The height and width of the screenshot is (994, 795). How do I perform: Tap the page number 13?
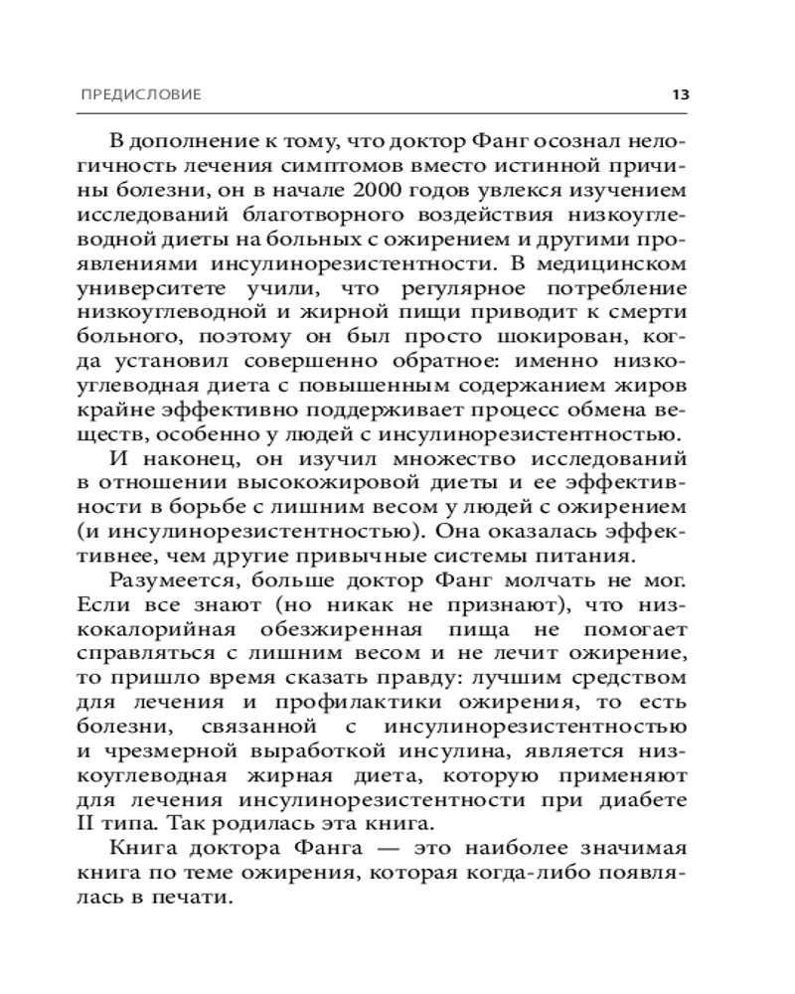pyautogui.click(x=680, y=95)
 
